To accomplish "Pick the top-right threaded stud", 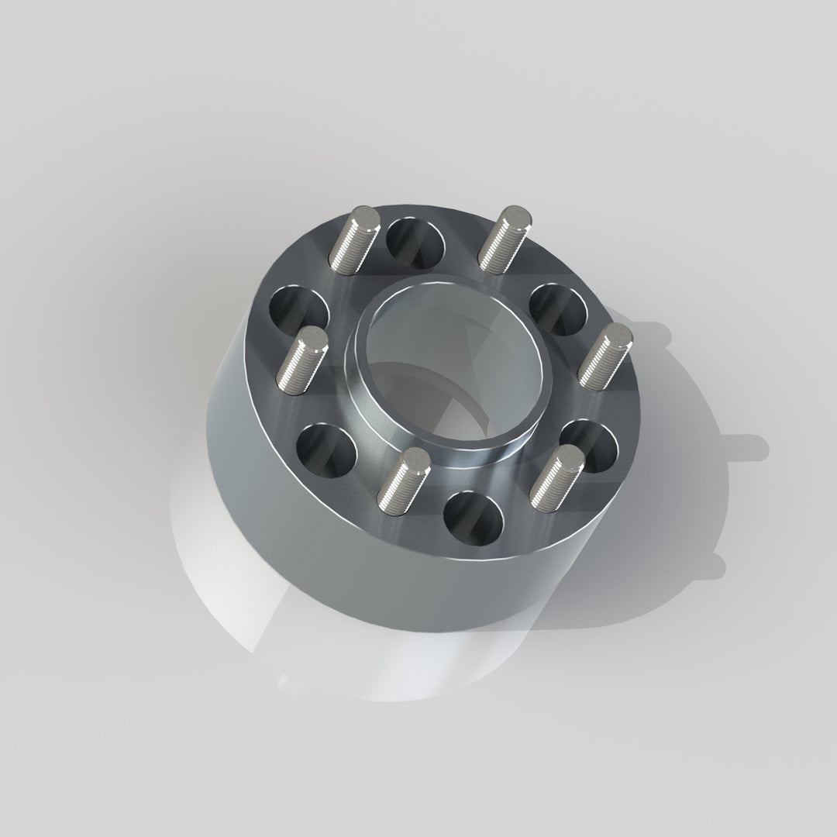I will [503, 238].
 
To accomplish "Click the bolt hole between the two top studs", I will [416, 242].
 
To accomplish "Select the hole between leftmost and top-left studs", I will [299, 310].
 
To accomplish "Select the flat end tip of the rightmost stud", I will [617, 336].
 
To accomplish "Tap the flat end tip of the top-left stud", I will [365, 218].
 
